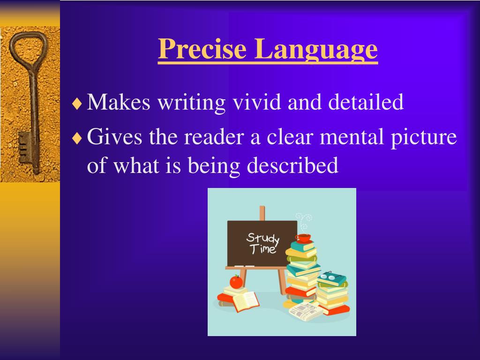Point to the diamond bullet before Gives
(x=77, y=139)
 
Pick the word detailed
(x=366, y=102)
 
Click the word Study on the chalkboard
(x=262, y=238)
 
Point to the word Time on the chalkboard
(x=262, y=249)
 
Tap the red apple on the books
(x=236, y=282)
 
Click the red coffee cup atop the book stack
(x=303, y=238)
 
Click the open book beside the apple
(x=245, y=301)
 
